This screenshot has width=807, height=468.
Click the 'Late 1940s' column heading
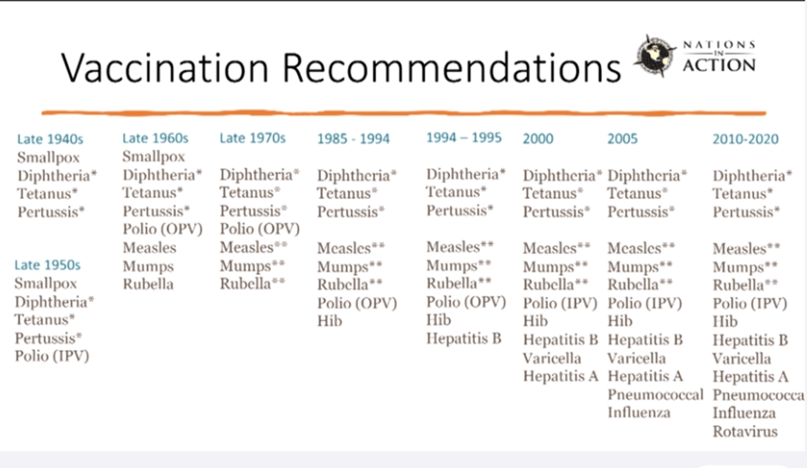[50, 139]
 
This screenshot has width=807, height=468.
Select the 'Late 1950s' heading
[47, 264]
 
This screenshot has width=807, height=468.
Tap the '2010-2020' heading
[745, 138]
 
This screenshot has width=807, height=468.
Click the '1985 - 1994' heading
[353, 138]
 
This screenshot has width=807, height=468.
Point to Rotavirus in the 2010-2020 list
[744, 431]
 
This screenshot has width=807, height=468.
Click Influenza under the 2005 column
[639, 412]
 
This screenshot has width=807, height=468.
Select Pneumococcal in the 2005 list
[655, 394]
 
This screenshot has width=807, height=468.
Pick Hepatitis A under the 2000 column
[561, 376]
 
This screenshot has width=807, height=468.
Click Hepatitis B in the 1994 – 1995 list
[464, 338]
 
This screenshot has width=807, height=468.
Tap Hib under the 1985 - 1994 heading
[330, 321]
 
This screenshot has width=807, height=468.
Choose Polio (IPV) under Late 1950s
[52, 356]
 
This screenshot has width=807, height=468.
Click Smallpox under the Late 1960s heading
[154, 156]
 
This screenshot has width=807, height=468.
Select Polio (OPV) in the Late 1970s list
[260, 228]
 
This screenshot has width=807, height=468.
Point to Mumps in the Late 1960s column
[149, 266]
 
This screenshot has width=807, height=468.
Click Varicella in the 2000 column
[552, 358]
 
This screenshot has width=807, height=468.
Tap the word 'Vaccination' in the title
[165, 68]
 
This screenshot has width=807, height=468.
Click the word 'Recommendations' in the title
[452, 68]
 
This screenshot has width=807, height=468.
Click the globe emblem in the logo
[654, 56]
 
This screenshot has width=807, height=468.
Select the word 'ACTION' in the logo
[719, 65]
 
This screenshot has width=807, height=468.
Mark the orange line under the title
[404, 112]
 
